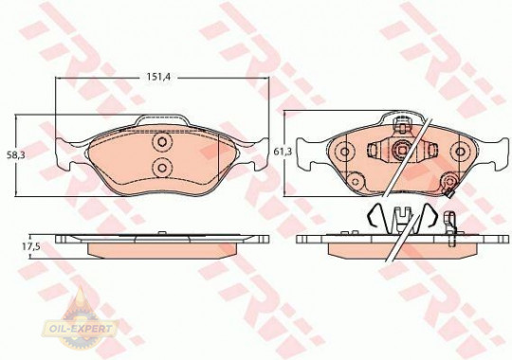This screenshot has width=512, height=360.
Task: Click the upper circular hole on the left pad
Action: click(x=161, y=142)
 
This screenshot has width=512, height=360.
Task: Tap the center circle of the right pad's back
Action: click(x=400, y=150)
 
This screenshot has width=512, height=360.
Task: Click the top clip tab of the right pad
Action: click(x=400, y=121)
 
